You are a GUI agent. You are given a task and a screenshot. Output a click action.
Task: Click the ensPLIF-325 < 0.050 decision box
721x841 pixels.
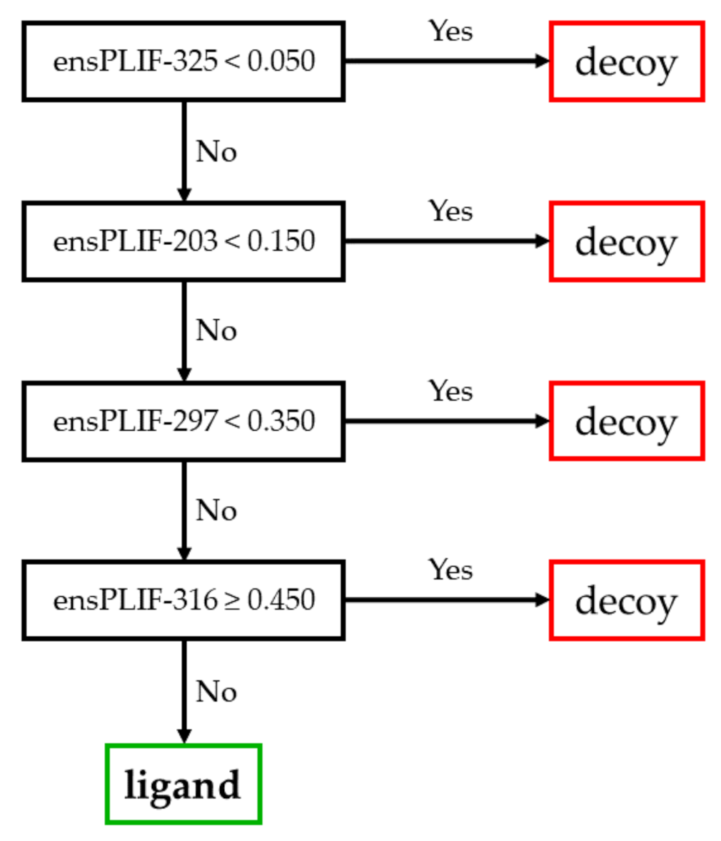(183, 61)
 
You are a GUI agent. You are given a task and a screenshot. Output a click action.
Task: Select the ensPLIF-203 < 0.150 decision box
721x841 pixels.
(183, 241)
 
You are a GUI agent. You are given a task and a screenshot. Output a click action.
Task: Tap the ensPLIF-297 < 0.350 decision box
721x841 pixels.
(183, 421)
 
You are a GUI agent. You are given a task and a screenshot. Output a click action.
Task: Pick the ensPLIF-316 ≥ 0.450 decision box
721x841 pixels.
(183, 600)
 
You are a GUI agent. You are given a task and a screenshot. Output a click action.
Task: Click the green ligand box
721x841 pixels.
(183, 784)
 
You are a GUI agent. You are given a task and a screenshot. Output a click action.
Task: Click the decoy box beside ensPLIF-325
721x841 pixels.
(626, 61)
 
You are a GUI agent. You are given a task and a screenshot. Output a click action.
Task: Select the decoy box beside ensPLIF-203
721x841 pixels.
(626, 241)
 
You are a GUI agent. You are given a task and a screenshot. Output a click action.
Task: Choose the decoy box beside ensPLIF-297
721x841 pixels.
(626, 421)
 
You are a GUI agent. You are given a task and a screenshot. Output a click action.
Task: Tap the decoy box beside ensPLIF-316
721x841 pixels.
(626, 600)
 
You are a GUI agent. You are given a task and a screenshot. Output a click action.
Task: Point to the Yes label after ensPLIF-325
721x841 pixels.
(450, 31)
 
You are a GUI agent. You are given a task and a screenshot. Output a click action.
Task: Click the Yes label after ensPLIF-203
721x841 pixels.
(450, 211)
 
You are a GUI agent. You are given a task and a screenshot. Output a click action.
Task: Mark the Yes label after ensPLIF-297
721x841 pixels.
(450, 391)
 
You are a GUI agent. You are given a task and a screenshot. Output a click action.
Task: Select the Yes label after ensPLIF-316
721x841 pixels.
(450, 570)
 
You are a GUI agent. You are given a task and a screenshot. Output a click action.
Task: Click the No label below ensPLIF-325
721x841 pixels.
(216, 151)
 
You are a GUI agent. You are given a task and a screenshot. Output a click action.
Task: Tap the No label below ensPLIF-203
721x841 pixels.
(216, 331)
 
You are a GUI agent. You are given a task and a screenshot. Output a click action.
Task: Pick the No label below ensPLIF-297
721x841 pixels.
(216, 510)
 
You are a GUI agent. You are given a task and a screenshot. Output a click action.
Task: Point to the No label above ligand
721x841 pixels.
(216, 692)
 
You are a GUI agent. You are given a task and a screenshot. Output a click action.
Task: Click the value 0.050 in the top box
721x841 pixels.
(281, 61)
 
